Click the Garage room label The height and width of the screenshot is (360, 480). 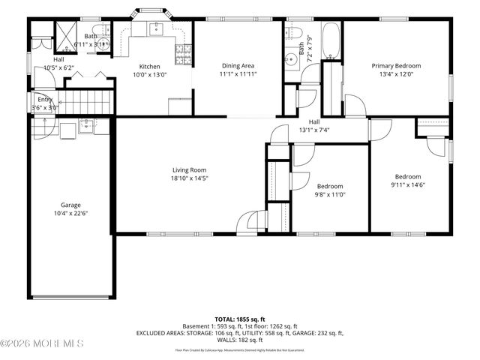(x=70, y=205)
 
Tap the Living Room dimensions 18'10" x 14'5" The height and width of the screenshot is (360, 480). (x=188, y=178)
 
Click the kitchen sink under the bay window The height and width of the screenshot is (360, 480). (x=156, y=29)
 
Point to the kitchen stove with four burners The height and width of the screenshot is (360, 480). (x=181, y=53)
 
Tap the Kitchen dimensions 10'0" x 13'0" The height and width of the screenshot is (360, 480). (x=150, y=74)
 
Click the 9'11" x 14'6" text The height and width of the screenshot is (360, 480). (x=407, y=184)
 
